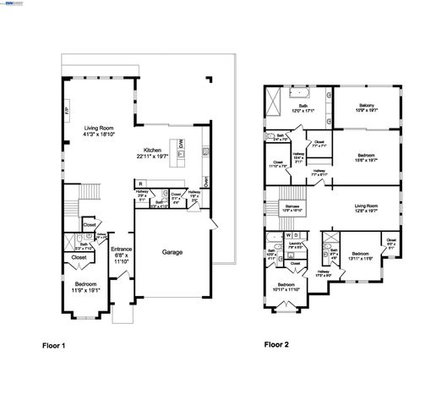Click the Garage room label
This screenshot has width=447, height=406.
pos(174,251)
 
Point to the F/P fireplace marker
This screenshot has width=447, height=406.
pos(68,111)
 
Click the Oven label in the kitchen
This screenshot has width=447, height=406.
pos(205,180)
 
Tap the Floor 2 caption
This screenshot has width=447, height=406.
pos(277,345)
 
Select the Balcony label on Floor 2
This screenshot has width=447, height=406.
pos(366,106)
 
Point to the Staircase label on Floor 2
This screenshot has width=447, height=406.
pos(291,206)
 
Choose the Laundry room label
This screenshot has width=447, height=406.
pos(296,244)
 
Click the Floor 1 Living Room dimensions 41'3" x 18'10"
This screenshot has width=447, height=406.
pos(99,134)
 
